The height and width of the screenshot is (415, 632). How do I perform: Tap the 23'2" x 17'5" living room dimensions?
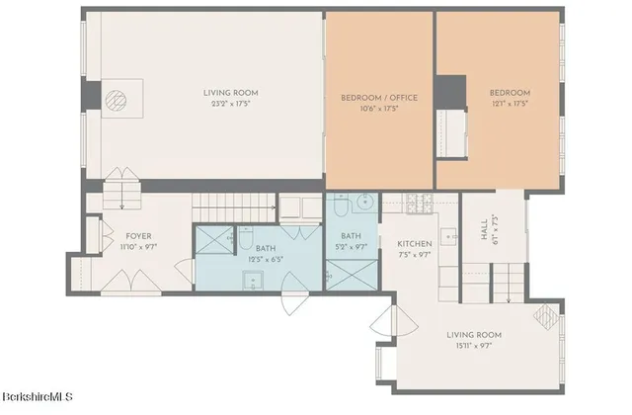[233, 104]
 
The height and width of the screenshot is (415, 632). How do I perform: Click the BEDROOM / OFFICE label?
[379, 97]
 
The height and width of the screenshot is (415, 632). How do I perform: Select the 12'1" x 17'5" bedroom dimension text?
[510, 104]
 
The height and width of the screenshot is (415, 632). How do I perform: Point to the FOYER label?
[137, 235]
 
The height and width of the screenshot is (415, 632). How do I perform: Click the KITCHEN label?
[415, 243]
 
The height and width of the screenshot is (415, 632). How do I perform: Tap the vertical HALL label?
[484, 231]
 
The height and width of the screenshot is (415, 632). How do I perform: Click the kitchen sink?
[445, 237]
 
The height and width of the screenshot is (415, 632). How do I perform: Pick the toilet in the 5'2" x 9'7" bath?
[339, 207]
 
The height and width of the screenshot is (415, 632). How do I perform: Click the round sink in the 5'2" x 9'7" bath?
[362, 204]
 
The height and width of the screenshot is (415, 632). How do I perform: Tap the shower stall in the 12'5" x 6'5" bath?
[212, 241]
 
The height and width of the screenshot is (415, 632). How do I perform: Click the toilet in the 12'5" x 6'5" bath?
[243, 237]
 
